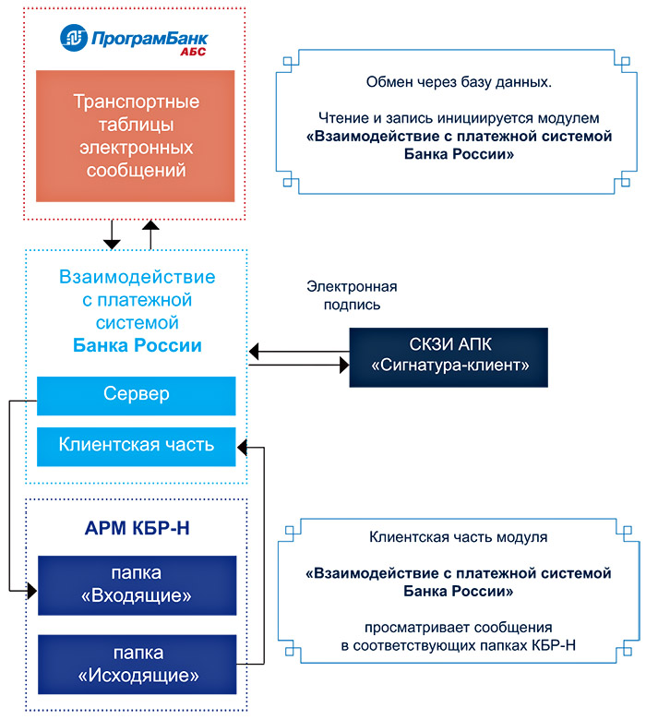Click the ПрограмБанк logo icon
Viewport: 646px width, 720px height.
click(74, 37)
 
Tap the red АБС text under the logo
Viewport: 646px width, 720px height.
click(193, 53)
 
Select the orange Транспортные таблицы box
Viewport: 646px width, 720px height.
click(136, 136)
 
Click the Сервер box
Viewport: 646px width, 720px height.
click(136, 395)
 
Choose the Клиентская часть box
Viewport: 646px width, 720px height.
click(136, 445)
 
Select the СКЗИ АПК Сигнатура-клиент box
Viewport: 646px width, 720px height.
click(449, 356)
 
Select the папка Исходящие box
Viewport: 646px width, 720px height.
click(136, 664)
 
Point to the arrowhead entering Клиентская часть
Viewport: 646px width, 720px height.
click(243, 447)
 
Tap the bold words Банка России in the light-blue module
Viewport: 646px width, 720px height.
click(137, 346)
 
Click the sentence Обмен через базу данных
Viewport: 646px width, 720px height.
click(458, 84)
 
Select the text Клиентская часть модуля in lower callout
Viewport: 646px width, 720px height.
click(458, 536)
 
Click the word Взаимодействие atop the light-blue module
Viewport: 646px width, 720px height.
click(137, 276)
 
